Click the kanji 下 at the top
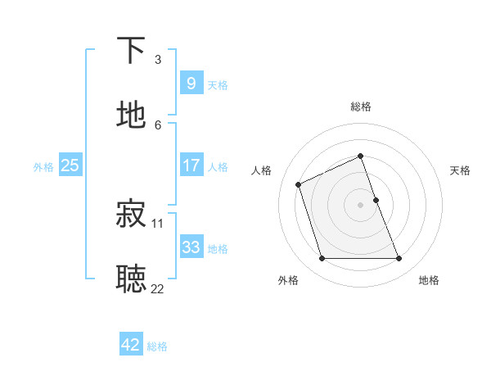coord(132,50)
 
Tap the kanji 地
coord(132,115)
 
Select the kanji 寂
coord(132,214)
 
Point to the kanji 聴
coord(132,279)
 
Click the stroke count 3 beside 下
coord(158,60)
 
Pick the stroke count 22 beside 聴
coord(157,288)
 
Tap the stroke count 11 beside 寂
coord(158,223)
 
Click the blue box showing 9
coord(191,83)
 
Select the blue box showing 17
coord(191,165)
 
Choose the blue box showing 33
coord(191,247)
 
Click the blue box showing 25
coord(70,165)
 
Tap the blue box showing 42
coord(130,345)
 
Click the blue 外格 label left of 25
coord(43,166)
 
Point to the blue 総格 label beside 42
coord(157,346)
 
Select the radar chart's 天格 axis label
coord(461,170)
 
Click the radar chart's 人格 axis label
coord(262,170)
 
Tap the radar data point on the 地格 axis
coord(399,259)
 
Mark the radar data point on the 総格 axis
coord(360,156)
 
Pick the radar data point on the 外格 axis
coord(322,259)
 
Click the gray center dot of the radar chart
coord(360,205)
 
